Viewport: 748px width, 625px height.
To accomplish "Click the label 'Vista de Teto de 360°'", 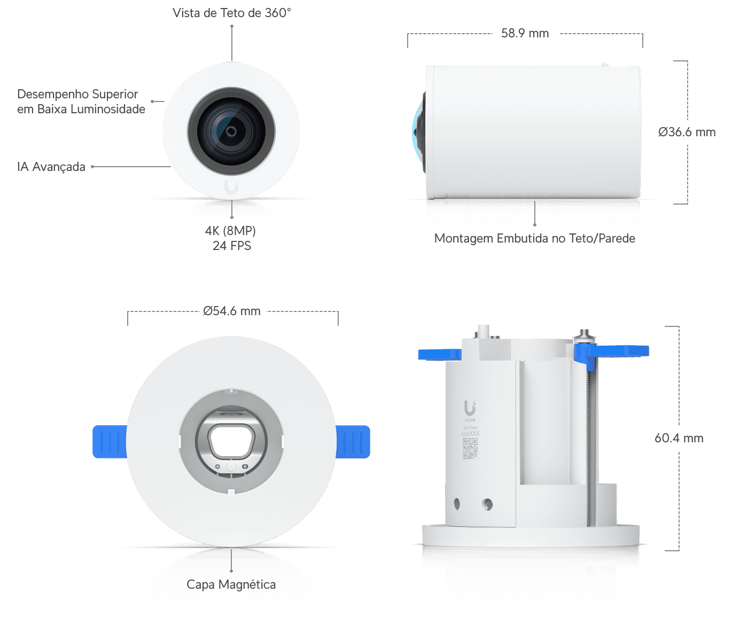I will (x=231, y=13).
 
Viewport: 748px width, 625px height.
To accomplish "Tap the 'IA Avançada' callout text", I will (x=51, y=167).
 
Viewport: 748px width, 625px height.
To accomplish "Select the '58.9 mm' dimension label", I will (x=525, y=33).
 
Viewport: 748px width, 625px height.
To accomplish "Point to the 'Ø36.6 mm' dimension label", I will (x=687, y=132).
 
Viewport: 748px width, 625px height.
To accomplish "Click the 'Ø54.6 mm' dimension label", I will (x=232, y=311).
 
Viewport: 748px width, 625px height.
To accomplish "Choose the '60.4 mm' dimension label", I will (x=679, y=438).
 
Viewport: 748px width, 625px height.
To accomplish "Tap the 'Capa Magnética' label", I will (x=231, y=584).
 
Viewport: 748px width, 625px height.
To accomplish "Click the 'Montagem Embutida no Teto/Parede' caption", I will (x=534, y=238).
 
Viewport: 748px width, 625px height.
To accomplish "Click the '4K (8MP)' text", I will (x=231, y=231).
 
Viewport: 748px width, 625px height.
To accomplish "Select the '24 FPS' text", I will (x=232, y=246).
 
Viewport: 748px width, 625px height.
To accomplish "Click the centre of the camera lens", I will (x=231, y=131).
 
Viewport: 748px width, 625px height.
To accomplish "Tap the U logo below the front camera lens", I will (x=231, y=187).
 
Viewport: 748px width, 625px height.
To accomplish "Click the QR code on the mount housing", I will (x=470, y=449).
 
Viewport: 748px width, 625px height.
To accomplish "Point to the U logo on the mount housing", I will (x=470, y=408).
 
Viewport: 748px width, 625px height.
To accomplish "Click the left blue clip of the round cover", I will (x=109, y=441).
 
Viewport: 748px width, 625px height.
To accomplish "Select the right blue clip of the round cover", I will (x=354, y=441).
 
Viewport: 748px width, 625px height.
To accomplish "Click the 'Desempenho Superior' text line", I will (x=77, y=94).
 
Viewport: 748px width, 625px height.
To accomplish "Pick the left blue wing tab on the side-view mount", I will (x=439, y=354).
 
